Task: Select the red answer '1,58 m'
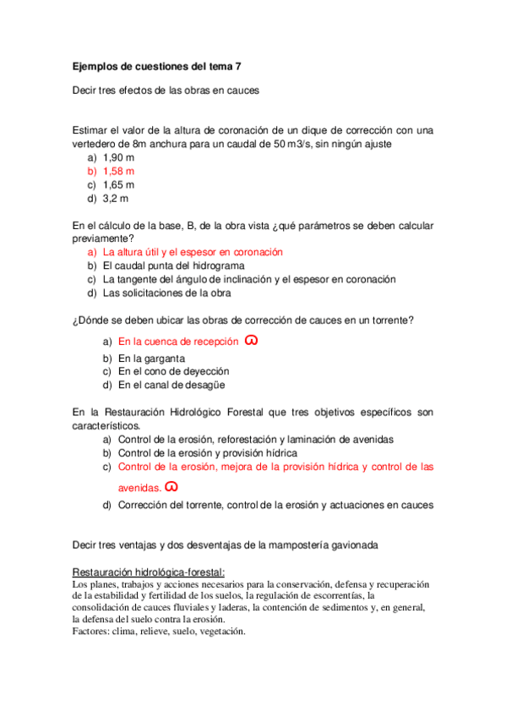[x=118, y=171]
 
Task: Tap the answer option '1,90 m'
[x=118, y=157]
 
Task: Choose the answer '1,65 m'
[x=118, y=184]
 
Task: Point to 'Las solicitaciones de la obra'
[x=166, y=293]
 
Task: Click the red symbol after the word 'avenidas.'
[x=171, y=487]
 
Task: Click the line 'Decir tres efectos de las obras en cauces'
[x=166, y=90]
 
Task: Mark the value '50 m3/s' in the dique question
[x=292, y=144]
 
